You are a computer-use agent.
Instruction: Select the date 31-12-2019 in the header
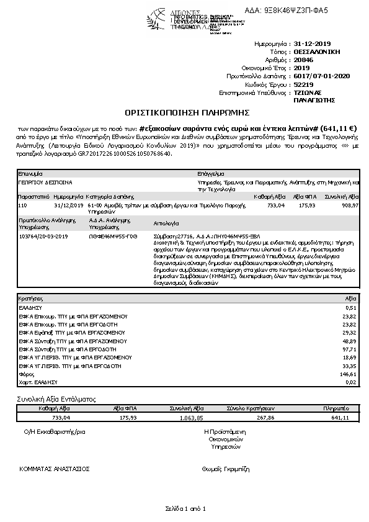pos(313,44)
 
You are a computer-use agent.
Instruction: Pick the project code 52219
pos(303,84)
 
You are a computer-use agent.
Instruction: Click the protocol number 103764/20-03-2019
pos(43,236)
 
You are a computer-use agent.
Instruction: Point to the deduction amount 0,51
pos(351,307)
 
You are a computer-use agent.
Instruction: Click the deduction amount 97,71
pos(350,349)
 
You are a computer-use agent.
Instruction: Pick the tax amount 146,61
pos(349,375)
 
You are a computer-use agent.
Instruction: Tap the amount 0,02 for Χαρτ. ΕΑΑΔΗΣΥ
pos(351,383)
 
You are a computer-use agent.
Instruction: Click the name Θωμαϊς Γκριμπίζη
pos(225,470)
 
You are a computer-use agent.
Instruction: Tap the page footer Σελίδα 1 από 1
pos(185,508)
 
